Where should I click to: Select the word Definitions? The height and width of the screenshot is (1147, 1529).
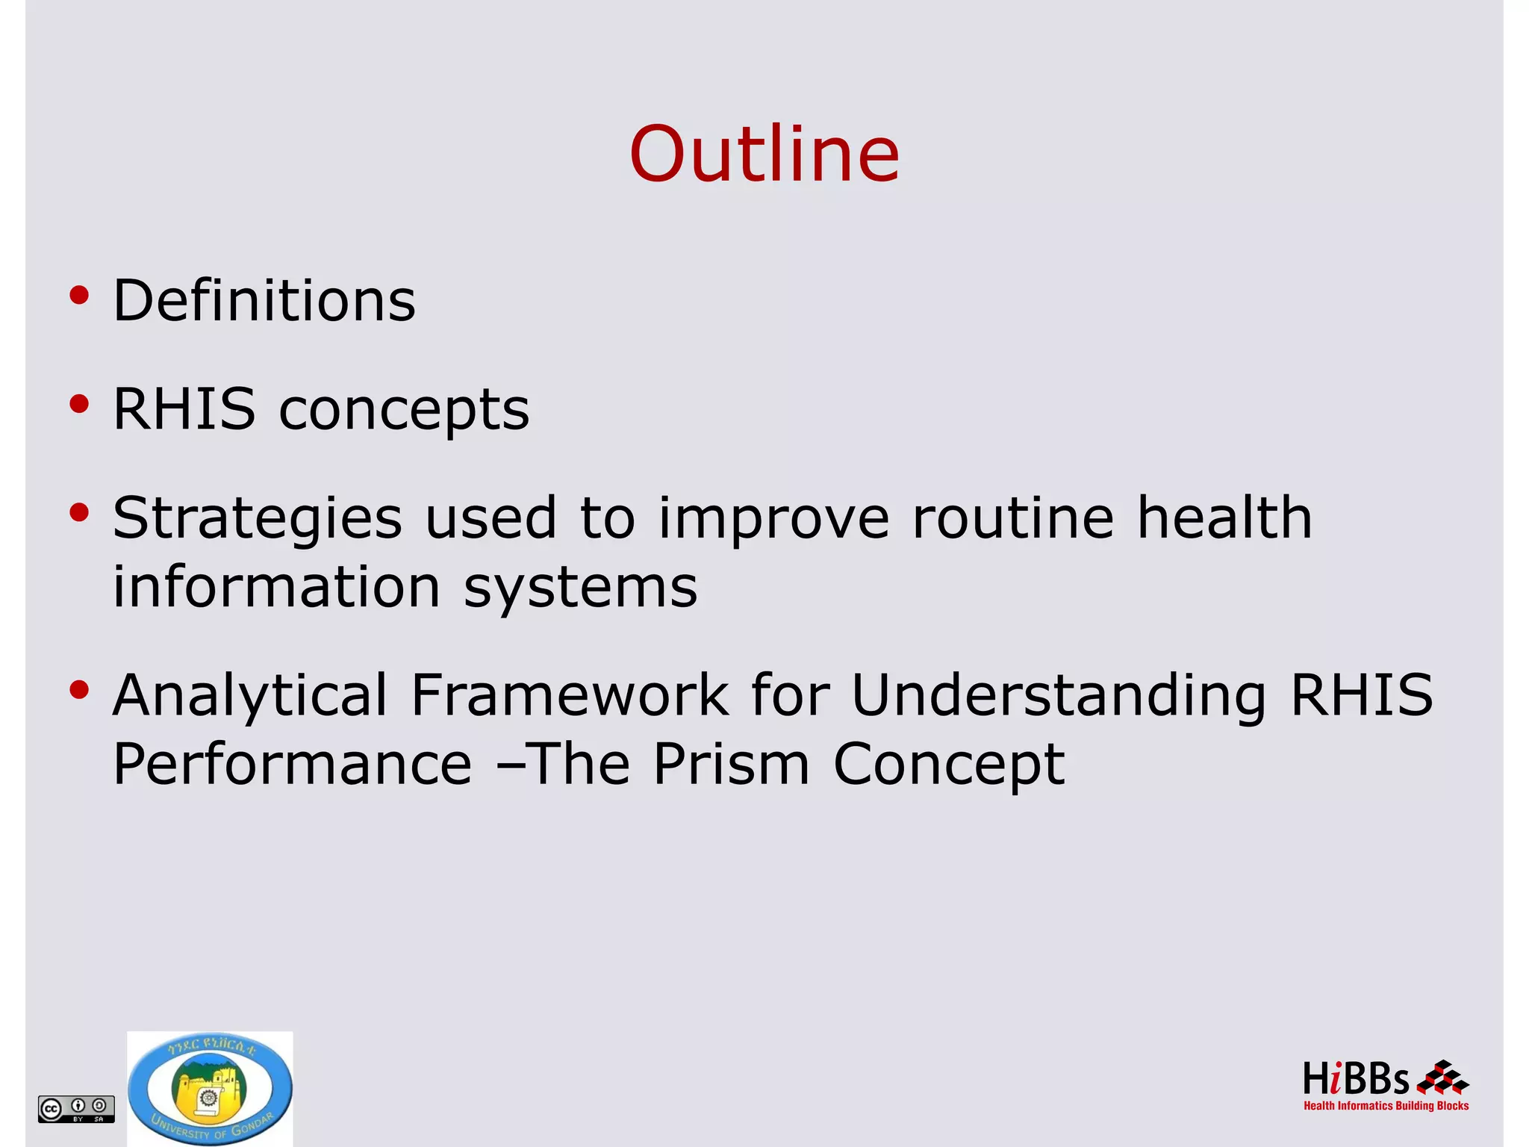coord(264,300)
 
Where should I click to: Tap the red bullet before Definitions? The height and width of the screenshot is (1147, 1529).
coord(79,296)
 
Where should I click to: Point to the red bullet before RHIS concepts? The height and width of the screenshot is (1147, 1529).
coord(79,404)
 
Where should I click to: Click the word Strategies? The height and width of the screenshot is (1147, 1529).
coord(257,518)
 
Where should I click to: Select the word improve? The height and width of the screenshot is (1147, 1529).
coord(773,520)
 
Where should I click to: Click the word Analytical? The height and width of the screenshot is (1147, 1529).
coord(250,696)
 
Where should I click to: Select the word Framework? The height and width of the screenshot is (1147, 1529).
coord(569,694)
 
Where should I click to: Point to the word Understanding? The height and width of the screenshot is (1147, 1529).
coord(1059,696)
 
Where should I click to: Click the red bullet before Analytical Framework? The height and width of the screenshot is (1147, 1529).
coord(79,690)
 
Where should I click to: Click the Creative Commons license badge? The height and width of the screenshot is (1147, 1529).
coord(76,1108)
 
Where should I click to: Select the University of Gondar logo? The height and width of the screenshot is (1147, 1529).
coord(210,1089)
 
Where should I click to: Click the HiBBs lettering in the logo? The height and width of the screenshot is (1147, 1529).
coord(1355,1080)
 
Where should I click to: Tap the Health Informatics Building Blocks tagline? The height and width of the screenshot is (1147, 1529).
coord(1386,1106)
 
